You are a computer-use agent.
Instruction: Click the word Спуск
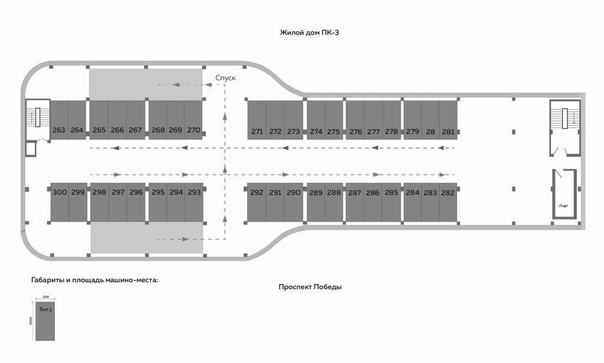[x=225, y=78]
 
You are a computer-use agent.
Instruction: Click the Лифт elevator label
[x=563, y=205]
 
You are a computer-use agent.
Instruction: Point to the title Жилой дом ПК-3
[x=309, y=32]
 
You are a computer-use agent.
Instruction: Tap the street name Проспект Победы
[x=310, y=287]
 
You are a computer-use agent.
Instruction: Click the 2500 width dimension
[x=45, y=297]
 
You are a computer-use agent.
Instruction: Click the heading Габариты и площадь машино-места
[x=94, y=280]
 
